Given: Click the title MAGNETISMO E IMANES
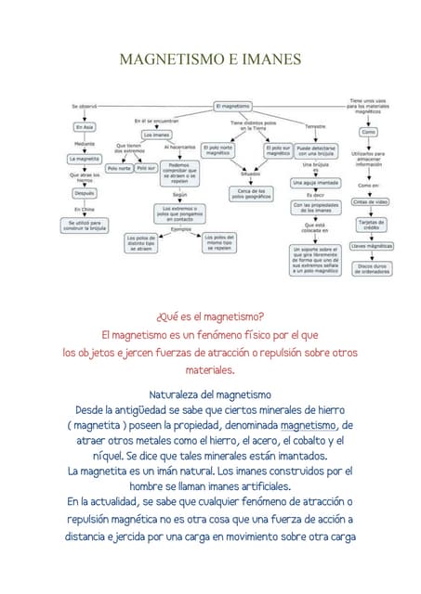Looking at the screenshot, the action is tap(211, 59).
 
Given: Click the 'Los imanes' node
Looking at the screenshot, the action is tap(156, 135).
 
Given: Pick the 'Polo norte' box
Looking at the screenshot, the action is tap(119, 168).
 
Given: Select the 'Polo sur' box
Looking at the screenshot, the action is tap(146, 168).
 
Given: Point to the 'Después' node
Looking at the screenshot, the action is tap(85, 193).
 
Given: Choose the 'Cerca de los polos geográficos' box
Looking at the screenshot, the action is tap(251, 193).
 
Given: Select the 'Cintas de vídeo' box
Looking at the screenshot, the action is tap(372, 201).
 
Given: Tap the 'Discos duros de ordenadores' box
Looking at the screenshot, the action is tap(372, 268).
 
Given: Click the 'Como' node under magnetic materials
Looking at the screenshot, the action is tap(368, 132).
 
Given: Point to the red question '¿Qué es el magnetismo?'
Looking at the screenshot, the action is tap(210, 316).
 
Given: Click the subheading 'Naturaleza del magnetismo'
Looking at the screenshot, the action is tap(210, 394).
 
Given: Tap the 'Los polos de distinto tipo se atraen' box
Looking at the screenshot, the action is tap(144, 243).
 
